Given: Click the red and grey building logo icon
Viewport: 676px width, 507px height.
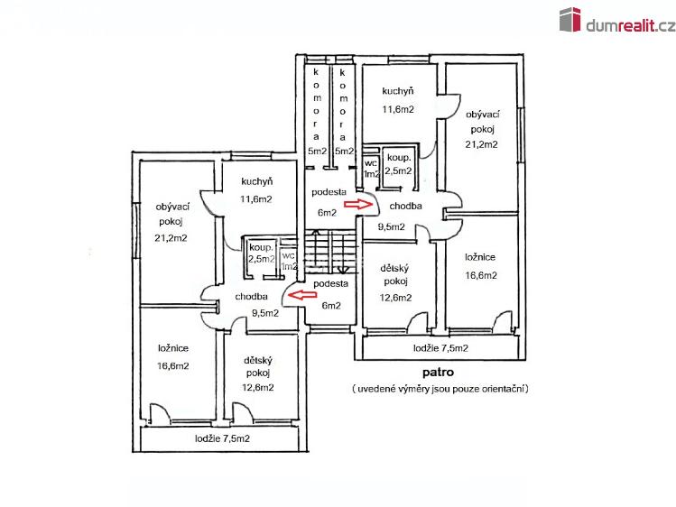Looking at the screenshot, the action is tap(570, 19).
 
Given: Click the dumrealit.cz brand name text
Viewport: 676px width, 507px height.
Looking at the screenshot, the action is tap(630, 26).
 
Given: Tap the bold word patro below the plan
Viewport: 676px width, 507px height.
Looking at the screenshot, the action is tap(438, 372).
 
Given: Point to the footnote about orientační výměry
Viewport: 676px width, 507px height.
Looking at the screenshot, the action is tap(440, 389).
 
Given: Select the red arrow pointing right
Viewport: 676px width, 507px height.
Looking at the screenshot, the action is tap(357, 204).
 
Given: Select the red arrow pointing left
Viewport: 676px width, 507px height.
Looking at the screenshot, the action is tap(302, 295).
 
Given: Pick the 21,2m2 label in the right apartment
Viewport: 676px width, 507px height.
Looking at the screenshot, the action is tap(481, 144).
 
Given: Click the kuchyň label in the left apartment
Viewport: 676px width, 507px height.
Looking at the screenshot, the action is tap(257, 181).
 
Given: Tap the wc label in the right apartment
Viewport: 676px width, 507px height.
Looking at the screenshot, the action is tap(371, 163).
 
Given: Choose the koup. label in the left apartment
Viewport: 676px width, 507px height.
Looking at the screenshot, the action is tap(261, 248).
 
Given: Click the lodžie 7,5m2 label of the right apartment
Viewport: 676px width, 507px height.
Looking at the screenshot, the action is tap(440, 348).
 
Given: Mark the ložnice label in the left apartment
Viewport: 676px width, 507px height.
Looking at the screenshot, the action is tap(173, 348).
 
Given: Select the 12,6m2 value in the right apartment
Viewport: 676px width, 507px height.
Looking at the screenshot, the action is tap(395, 298).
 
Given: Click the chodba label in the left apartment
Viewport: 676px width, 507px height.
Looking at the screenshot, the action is tap(251, 297).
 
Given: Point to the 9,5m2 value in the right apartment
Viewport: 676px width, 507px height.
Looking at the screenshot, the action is tap(392, 226).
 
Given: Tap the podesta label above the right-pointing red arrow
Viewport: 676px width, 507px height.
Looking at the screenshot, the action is tap(329, 191).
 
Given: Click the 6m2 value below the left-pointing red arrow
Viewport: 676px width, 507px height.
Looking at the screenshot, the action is tap(331, 306).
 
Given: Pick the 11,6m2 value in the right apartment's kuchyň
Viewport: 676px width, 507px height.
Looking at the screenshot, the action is tap(398, 109).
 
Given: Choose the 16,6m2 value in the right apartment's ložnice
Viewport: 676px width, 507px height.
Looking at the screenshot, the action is tap(481, 275).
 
